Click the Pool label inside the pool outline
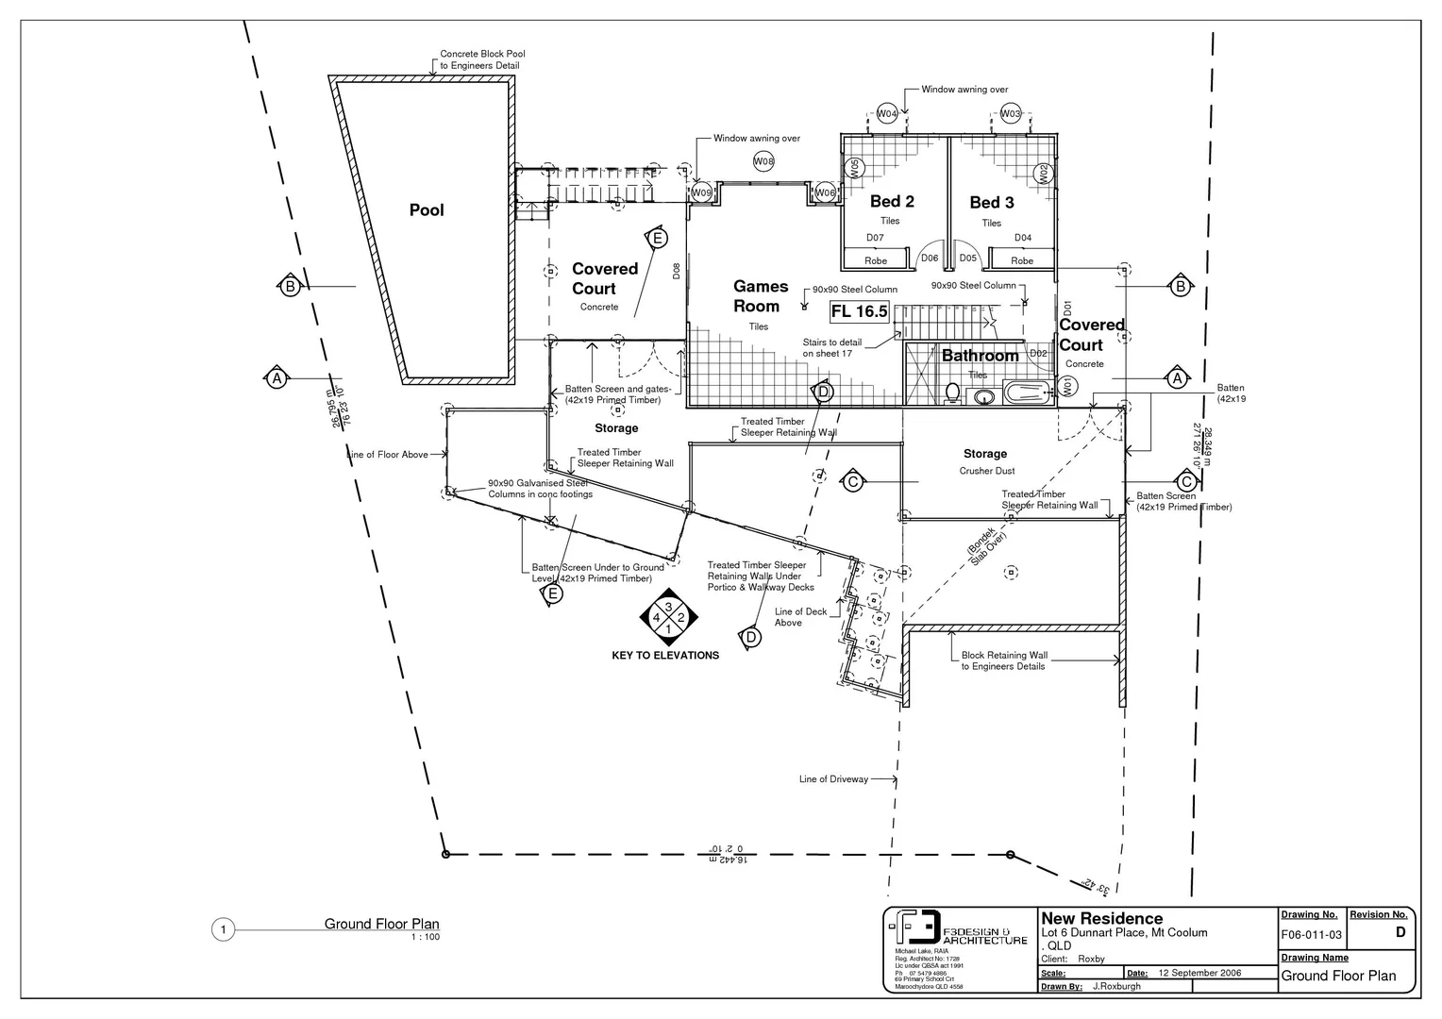[427, 210]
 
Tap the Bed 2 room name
[892, 201]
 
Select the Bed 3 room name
[992, 202]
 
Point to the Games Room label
[761, 296]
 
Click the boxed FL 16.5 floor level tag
[860, 311]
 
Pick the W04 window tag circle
[887, 113]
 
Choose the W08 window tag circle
[763, 161]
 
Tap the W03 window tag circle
[1011, 113]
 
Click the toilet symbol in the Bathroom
[952, 393]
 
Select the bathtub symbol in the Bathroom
[1027, 393]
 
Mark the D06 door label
[930, 258]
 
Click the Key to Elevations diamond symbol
[668, 618]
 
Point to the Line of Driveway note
[833, 779]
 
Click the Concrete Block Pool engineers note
[481, 59]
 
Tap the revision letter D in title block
[1400, 932]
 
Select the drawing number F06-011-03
[1311, 934]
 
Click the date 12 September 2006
[1199, 973]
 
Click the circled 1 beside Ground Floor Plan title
[223, 930]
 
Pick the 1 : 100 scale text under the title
[425, 937]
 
